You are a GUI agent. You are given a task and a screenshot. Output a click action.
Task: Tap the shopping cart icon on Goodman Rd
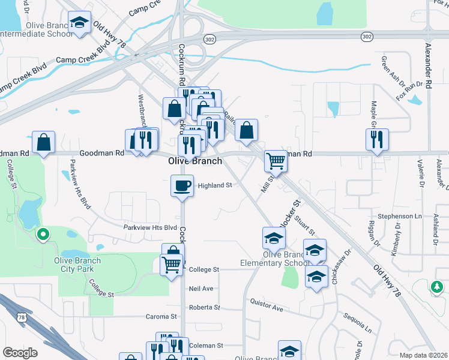[x=276, y=160]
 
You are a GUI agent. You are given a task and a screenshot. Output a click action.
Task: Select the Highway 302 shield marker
[x=367, y=37]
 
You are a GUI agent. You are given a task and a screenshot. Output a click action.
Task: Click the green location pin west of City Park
[x=42, y=234]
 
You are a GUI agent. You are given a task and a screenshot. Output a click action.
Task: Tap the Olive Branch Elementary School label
[x=274, y=259]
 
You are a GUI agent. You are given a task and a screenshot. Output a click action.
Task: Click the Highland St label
[x=215, y=186]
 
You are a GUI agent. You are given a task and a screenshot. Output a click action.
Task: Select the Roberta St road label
[x=204, y=307]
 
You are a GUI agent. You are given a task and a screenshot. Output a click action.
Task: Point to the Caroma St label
[x=162, y=316]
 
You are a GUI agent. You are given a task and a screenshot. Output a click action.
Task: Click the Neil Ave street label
[x=201, y=289]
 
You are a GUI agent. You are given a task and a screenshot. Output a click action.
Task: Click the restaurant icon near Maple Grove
[x=377, y=139]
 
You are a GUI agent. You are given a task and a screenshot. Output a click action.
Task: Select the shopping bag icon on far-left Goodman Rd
[x=43, y=142]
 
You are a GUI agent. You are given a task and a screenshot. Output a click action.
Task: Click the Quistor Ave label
[x=267, y=306]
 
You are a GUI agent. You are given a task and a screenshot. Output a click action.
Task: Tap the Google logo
[x=20, y=353]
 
